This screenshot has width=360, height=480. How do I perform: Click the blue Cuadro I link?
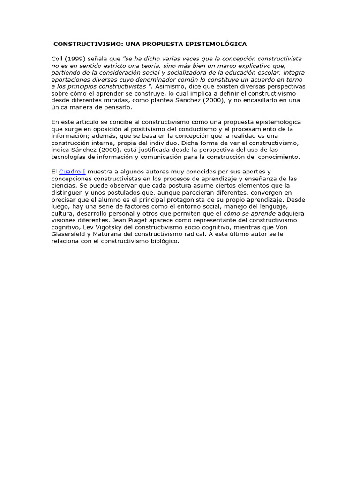click(72, 172)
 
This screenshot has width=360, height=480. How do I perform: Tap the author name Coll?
click(57, 59)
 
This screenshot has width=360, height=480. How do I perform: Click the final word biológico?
click(162, 241)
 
